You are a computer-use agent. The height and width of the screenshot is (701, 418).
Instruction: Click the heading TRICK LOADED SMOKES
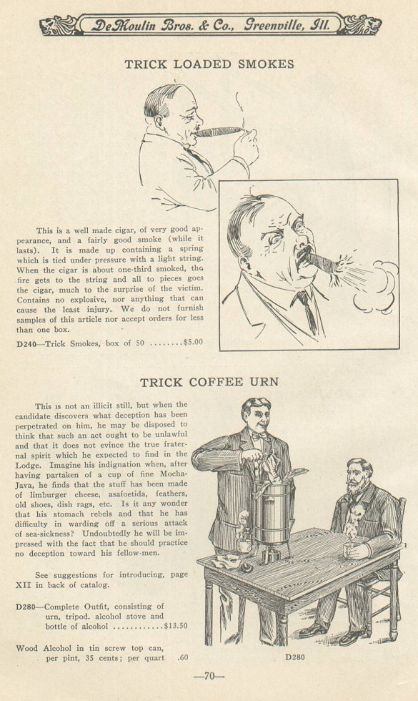209,64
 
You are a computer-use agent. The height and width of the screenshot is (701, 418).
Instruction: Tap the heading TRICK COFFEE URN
209,382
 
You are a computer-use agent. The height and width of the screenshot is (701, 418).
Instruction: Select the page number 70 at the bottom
209,677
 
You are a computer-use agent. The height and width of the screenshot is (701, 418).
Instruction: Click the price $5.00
193,343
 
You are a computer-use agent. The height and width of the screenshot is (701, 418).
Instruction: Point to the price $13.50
176,626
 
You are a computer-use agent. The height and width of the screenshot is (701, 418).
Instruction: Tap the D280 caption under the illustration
295,657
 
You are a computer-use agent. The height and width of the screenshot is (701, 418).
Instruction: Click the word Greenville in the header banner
272,25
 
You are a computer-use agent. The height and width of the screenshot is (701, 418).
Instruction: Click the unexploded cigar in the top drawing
219,132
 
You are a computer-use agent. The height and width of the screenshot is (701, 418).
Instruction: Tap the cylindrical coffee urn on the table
272,514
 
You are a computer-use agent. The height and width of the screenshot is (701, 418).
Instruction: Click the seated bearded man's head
359,476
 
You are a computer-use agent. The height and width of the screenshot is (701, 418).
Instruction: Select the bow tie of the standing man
259,435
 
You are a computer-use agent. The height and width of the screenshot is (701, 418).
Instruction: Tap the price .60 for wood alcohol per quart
182,658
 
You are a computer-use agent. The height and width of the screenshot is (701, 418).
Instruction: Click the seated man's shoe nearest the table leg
314,630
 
